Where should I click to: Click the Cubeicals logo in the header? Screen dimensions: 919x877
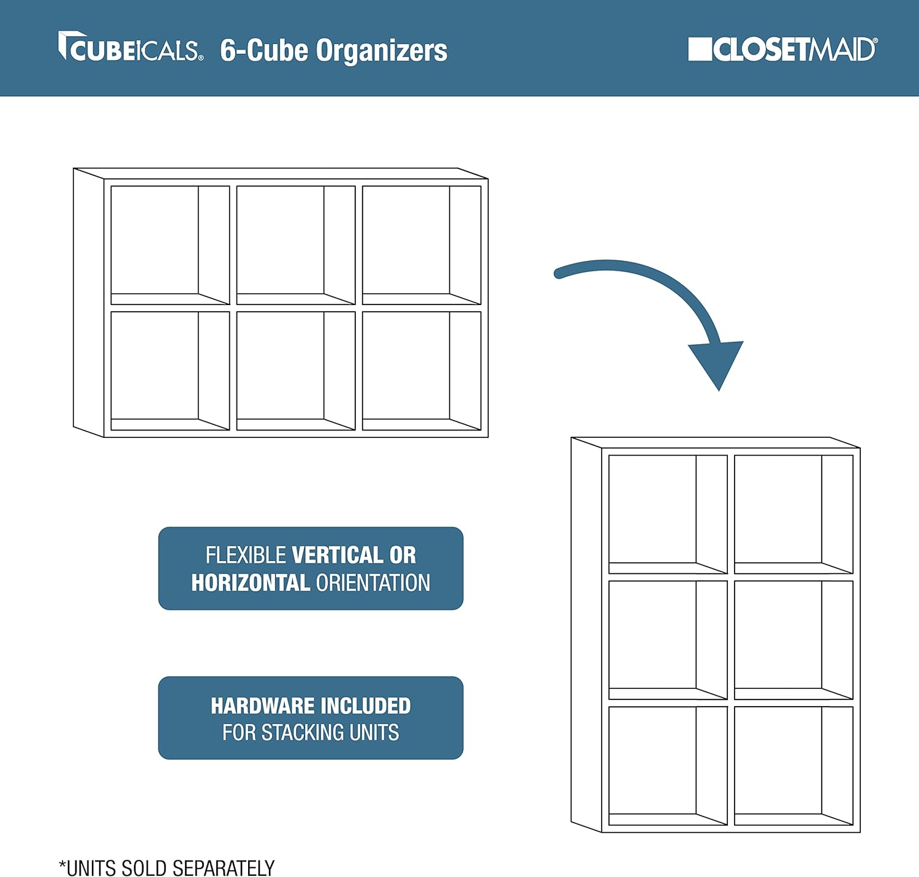[130, 47]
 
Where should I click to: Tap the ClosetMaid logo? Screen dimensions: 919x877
[783, 49]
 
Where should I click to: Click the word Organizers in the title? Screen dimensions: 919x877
[382, 50]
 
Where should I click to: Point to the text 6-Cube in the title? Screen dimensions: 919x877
[264, 50]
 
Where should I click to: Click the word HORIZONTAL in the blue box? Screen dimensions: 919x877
[251, 582]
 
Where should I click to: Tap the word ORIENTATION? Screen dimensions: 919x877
[373, 582]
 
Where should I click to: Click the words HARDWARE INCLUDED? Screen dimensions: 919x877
[311, 706]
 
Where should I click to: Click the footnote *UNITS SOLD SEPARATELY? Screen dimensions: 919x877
[167, 868]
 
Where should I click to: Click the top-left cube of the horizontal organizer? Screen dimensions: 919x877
[170, 245]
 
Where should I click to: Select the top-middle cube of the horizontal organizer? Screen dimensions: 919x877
[296, 245]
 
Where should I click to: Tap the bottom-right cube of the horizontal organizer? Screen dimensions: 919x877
[422, 371]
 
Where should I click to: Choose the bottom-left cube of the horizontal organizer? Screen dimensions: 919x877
[170, 371]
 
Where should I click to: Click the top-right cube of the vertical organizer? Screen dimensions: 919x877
[793, 514]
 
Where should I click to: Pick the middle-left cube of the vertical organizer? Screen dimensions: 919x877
[668, 640]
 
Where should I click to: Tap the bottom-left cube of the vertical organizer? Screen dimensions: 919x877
[668, 766]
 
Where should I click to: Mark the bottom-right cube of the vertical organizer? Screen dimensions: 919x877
[793, 766]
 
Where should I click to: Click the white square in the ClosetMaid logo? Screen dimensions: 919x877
[700, 49]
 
